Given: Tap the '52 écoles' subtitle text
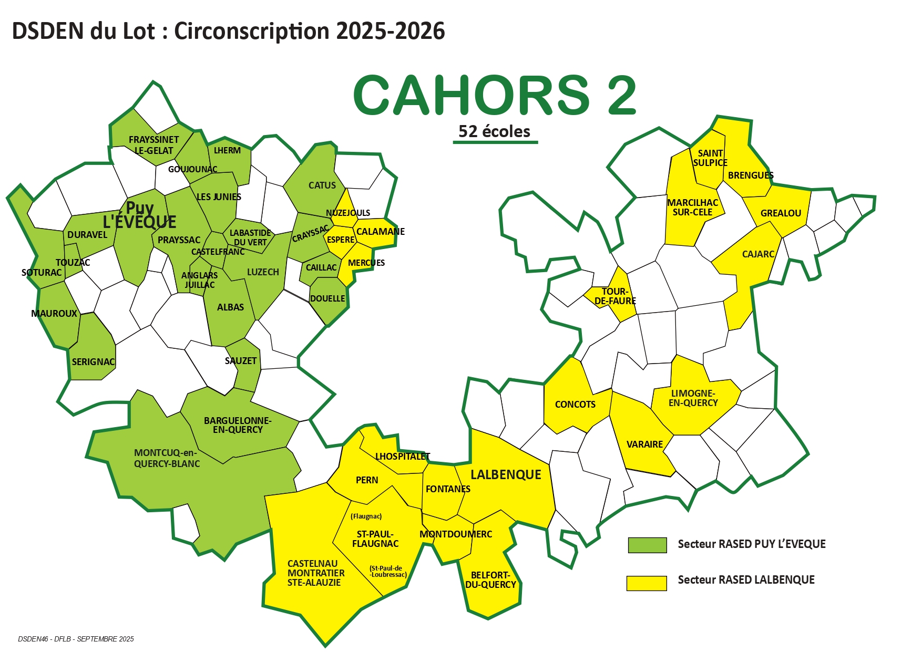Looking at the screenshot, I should [x=494, y=131].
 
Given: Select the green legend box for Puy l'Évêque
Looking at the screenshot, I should [x=647, y=545].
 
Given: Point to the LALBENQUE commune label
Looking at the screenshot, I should [x=505, y=475].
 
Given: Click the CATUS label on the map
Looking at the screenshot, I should [x=322, y=185].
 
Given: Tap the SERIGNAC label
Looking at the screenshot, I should [x=93, y=362].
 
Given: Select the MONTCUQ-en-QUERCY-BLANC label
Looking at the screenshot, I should [x=167, y=458].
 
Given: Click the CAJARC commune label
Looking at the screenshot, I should [x=757, y=254].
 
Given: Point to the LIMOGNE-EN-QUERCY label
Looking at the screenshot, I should [x=693, y=398].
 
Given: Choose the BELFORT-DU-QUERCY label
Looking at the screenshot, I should [x=490, y=580].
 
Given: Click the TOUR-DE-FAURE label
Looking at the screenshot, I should [x=615, y=296].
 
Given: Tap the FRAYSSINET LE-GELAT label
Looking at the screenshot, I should [x=153, y=145].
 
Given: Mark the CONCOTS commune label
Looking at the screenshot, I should [x=575, y=405].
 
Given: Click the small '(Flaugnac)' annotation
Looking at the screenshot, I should [x=366, y=516].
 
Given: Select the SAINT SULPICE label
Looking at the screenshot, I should [x=710, y=158].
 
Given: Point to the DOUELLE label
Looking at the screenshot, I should [x=327, y=298].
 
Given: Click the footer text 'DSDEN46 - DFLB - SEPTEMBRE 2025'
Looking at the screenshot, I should [x=76, y=639].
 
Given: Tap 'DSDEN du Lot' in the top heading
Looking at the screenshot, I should [x=83, y=32].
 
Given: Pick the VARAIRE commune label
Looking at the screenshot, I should [x=644, y=444].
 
